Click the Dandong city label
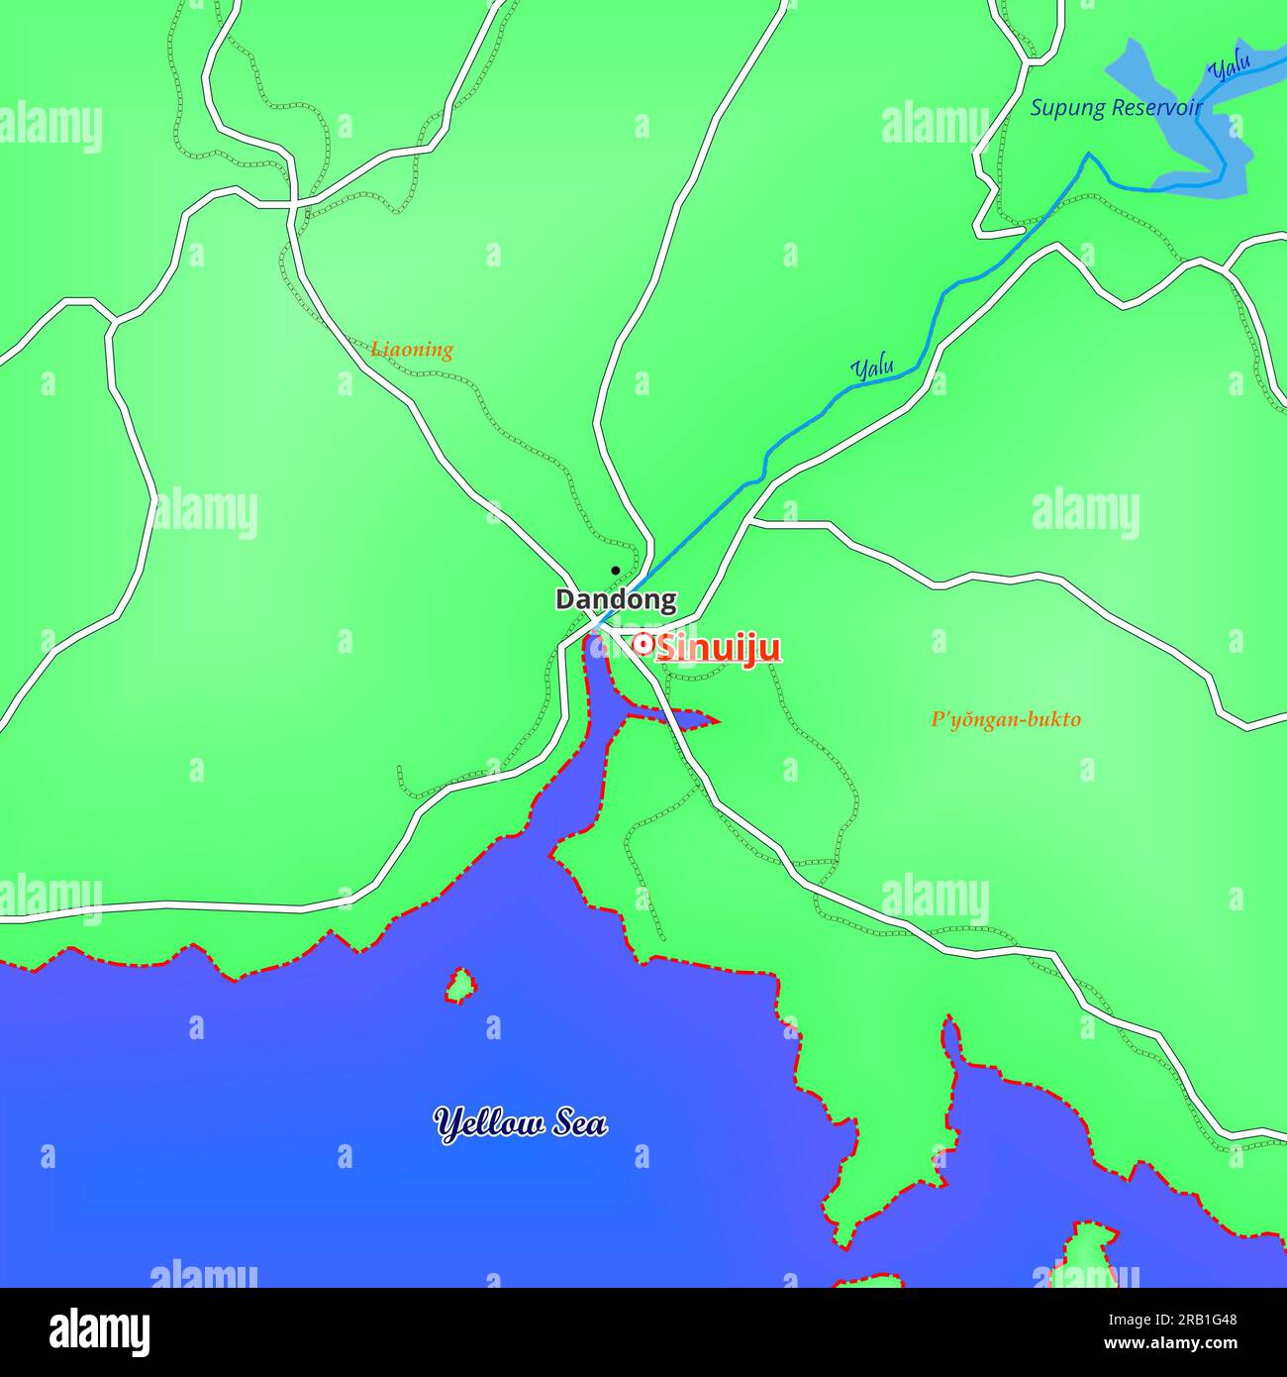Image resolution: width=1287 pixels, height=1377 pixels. pos(616,599)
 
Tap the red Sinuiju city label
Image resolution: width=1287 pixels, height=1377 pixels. pos(720,649)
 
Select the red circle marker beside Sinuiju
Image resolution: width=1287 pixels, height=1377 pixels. pos(642,644)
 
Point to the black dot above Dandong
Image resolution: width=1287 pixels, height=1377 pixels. pos(615,571)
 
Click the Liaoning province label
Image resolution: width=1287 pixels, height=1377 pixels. pos(412,350)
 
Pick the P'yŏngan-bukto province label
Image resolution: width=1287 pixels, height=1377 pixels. pos(1005,720)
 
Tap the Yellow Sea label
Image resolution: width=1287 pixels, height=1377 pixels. pos(521,1123)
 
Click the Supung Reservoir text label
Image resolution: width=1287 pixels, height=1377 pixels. pos(1116,108)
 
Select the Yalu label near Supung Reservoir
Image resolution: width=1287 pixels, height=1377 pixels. pos(1230,68)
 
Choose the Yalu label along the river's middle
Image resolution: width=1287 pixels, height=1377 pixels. pos(872,369)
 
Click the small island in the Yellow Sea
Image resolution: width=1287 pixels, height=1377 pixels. pos(460,986)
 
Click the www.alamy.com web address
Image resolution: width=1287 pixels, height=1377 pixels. pos(1165,1344)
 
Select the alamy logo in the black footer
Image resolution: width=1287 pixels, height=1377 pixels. pos(99,1330)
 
